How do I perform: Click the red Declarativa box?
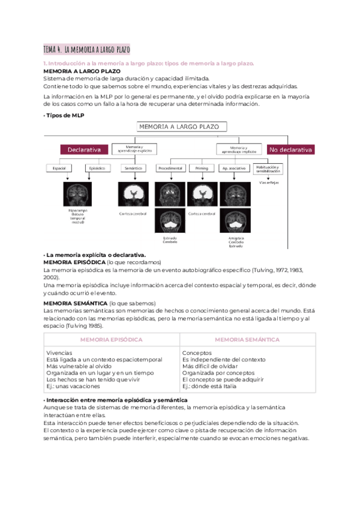[84, 149]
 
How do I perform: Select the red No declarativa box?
[290, 149]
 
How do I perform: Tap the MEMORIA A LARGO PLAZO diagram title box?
[182, 127]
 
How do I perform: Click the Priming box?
[202, 169]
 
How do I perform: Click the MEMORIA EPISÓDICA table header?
[111, 340]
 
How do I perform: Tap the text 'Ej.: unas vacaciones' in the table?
[73, 387]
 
